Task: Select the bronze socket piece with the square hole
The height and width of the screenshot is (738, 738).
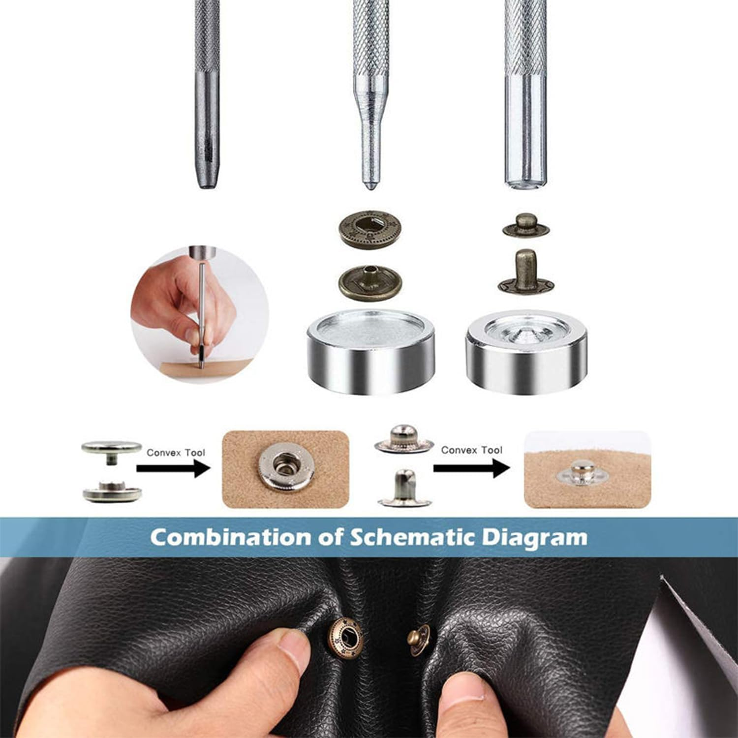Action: pos(369,229)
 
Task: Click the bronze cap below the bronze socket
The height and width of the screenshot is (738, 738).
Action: pos(369,282)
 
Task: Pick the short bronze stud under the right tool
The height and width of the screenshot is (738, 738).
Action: pos(525,226)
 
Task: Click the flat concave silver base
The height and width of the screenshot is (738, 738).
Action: pos(370,350)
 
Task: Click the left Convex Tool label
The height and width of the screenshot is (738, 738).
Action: pos(176,453)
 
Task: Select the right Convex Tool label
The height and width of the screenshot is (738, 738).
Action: pos(471,450)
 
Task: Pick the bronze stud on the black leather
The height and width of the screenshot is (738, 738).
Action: pos(419,640)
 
